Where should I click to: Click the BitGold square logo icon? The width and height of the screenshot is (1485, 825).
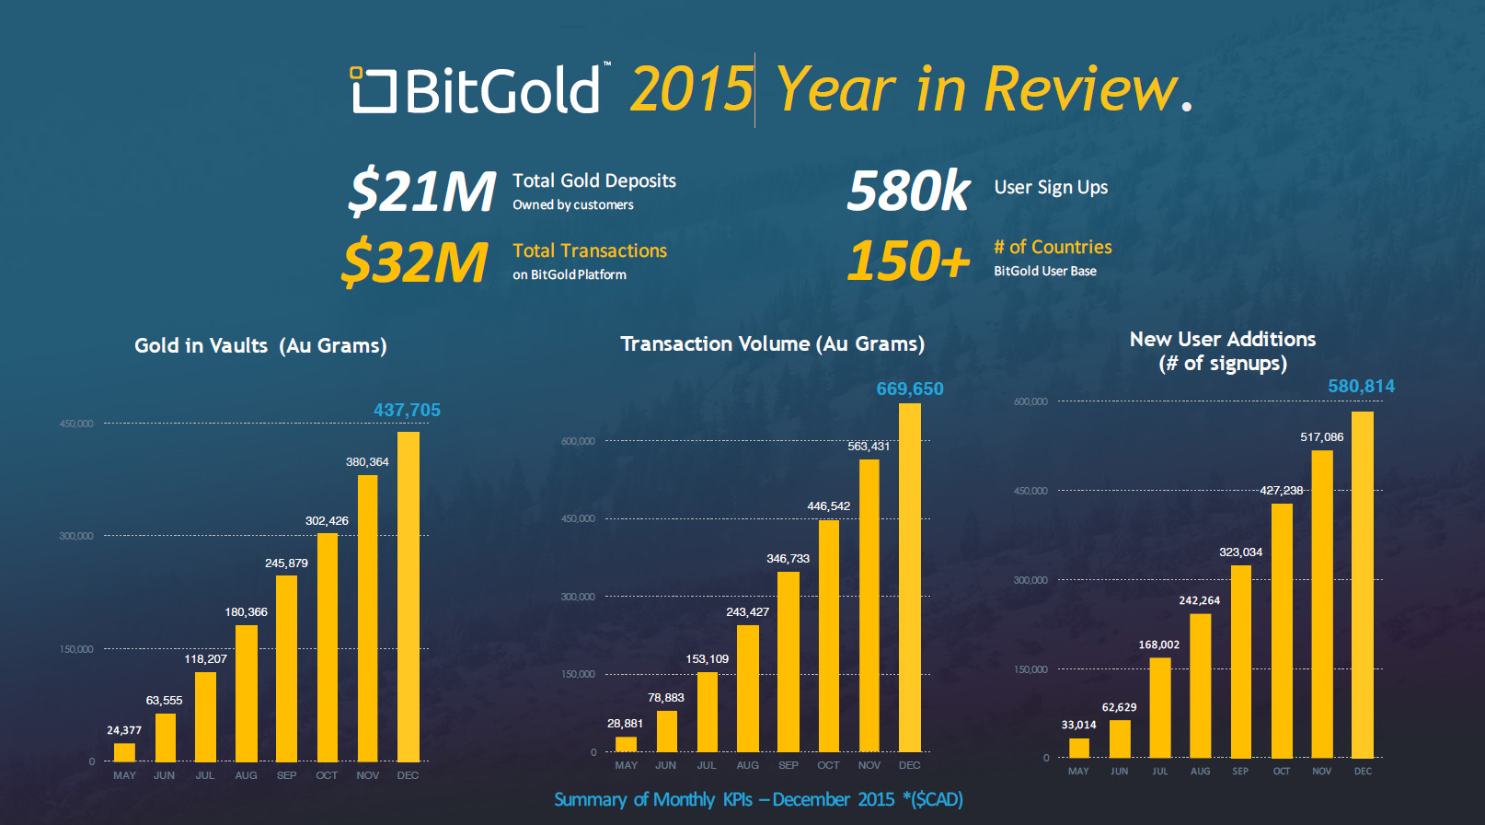[373, 89]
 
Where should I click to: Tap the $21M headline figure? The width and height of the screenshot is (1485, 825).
[421, 192]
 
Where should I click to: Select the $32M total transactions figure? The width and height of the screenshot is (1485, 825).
[415, 262]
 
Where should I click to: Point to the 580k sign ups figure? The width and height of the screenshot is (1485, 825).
[908, 191]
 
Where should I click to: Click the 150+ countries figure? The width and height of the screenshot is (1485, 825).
[908, 260]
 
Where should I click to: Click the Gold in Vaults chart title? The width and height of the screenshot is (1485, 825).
[260, 345]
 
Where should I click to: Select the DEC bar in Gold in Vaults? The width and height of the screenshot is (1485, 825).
[409, 597]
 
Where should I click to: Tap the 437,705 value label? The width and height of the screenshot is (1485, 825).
[407, 410]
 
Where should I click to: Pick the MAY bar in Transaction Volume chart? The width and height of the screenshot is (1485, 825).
[626, 744]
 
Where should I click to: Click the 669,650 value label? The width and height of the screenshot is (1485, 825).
[910, 389]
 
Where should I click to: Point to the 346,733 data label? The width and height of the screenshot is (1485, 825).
[788, 558]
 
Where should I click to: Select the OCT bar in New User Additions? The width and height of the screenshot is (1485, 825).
[1282, 631]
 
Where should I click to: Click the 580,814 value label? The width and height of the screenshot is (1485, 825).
[1361, 386]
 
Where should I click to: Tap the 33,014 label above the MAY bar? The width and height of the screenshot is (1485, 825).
[1078, 725]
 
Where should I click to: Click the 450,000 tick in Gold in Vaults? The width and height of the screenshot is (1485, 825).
[76, 424]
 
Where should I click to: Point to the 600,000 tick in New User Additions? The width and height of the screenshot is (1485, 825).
[1030, 401]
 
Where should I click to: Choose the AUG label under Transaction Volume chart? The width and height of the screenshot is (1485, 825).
[747, 765]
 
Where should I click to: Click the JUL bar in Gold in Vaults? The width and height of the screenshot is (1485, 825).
[205, 717]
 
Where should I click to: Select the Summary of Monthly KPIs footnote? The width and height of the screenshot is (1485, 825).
[758, 799]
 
